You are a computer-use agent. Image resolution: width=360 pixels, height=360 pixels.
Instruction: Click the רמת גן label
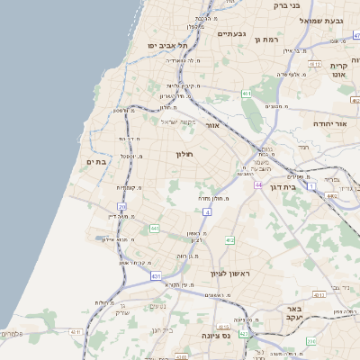tap(268, 40)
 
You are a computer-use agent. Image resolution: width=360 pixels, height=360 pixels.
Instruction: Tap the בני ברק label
tap(284, 5)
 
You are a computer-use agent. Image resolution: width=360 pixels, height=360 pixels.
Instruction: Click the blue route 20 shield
tap(121, 207)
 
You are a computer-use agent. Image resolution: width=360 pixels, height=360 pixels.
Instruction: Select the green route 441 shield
tap(155, 229)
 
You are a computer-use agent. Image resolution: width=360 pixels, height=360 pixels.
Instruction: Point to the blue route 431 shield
tap(156, 275)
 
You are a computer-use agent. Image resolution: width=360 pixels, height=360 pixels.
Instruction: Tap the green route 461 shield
tap(246, 94)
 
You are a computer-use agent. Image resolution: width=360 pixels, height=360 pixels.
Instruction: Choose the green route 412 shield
tap(229, 240)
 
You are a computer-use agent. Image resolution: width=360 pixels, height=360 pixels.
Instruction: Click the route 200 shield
tap(311, 341)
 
